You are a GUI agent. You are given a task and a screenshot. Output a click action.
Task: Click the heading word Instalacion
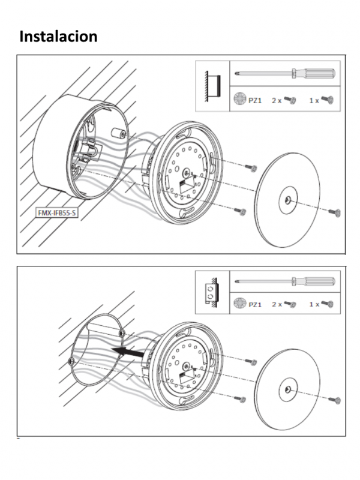click(58, 36)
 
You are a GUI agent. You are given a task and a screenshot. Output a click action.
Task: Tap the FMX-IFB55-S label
click(58, 213)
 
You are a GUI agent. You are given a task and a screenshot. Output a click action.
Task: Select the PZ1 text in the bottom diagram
click(255, 304)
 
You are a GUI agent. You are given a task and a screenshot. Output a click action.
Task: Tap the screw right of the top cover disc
click(335, 212)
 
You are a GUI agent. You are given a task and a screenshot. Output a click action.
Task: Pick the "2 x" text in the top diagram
click(276, 100)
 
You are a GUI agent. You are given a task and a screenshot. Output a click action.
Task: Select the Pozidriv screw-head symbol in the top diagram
click(239, 100)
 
